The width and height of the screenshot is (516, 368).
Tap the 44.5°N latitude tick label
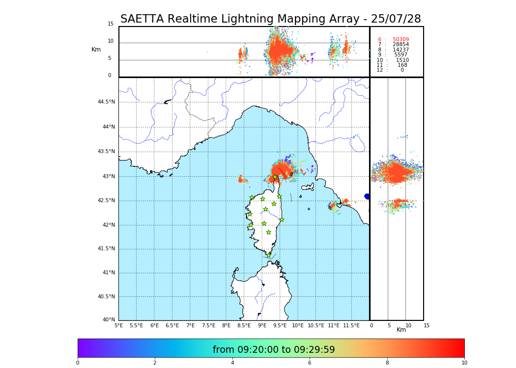tap(106, 102)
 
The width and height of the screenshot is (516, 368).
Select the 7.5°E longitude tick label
tap(208, 325)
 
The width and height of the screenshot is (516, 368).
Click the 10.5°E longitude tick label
tap(316, 325)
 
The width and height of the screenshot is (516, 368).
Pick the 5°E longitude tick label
tap(119, 325)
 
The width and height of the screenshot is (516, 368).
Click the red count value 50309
tap(401, 40)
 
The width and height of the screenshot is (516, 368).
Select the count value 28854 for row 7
tap(401, 45)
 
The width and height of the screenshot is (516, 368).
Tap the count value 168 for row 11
tap(402, 65)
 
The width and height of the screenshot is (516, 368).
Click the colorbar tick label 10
tap(464, 363)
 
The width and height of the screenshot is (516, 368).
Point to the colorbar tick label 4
tap(232, 363)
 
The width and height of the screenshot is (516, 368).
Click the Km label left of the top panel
tap(96, 50)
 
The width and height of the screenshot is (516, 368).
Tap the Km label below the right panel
tap(401, 330)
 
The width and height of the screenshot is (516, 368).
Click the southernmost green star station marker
tap(269, 255)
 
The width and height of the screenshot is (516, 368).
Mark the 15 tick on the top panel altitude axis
tap(111, 24)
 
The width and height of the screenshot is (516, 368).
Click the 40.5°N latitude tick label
tap(106, 297)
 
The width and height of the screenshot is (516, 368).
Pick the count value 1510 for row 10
tap(402, 60)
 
